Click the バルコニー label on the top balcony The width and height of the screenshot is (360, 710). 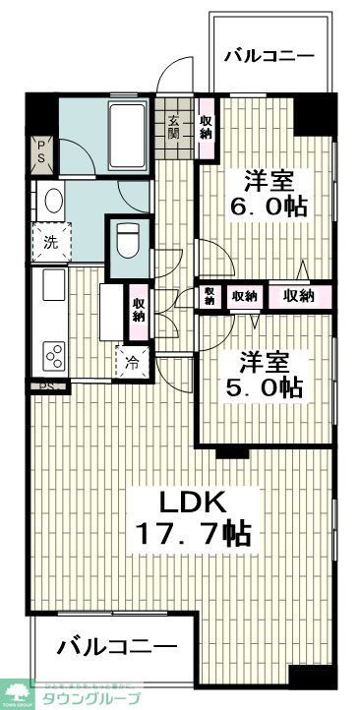point(268,56)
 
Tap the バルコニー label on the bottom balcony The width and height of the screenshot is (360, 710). point(116,647)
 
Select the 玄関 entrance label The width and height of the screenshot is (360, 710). point(174,125)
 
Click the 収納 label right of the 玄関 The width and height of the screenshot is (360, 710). point(206,125)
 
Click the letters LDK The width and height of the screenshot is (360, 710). point(195,502)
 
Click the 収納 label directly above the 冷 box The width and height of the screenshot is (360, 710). point(139,308)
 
